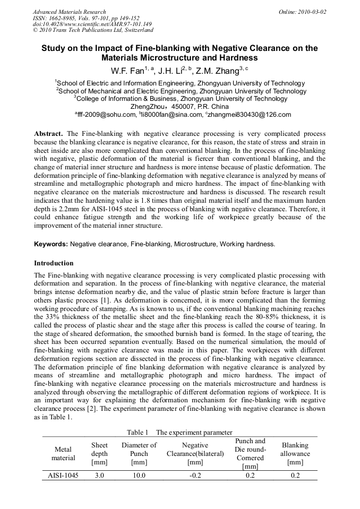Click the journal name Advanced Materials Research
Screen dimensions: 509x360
click(x=69, y=12)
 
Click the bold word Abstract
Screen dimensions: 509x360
click(x=48, y=134)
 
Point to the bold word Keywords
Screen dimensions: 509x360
click(x=51, y=244)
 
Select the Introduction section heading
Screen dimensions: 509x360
click(x=54, y=263)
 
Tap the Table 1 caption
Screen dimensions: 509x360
click(x=179, y=433)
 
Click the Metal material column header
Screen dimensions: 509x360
click(x=63, y=454)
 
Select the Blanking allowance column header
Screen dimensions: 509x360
click(x=295, y=454)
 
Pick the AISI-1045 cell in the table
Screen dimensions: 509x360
click(x=63, y=476)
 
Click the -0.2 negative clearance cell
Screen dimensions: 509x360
click(x=195, y=476)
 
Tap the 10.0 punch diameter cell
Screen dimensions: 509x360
click(x=139, y=476)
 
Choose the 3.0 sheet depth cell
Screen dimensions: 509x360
click(x=99, y=476)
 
